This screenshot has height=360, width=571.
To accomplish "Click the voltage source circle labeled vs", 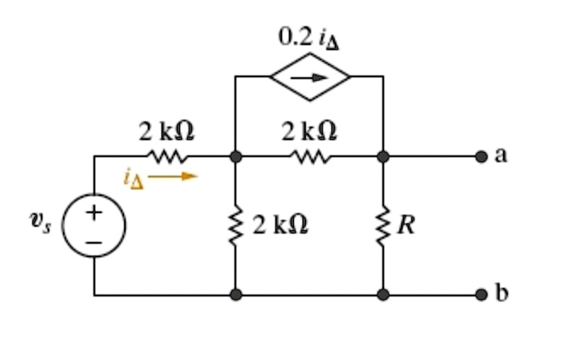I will pyautogui.click(x=94, y=226).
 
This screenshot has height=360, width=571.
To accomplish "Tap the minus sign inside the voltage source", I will pyautogui.click(x=94, y=241).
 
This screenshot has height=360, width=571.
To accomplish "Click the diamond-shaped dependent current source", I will pyautogui.click(x=309, y=76).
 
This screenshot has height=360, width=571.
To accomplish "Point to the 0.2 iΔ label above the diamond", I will pyautogui.click(x=307, y=37).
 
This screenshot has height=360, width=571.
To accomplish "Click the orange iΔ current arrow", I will pyautogui.click(x=180, y=177).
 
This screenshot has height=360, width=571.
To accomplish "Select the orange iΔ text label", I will pyautogui.click(x=133, y=178).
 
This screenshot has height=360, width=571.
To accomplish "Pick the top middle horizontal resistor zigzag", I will pyautogui.click(x=308, y=156).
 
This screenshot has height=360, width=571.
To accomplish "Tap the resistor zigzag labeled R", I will pyautogui.click(x=383, y=225).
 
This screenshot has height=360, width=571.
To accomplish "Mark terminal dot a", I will pyautogui.click(x=481, y=156).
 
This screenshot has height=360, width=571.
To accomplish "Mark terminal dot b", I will pyautogui.click(x=481, y=295).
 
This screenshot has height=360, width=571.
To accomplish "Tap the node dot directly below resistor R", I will pyautogui.click(x=383, y=295).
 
